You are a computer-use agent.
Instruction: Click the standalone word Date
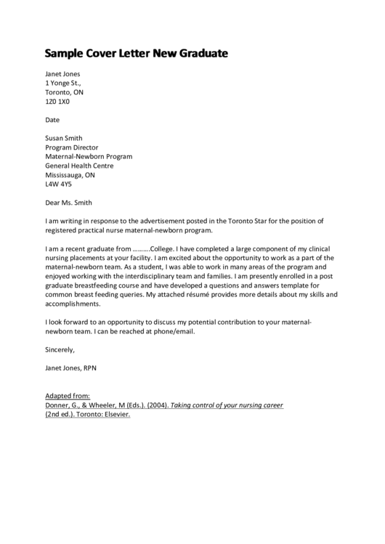click(52, 119)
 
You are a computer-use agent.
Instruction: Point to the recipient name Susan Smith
click(64, 138)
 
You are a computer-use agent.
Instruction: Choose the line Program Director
click(73, 147)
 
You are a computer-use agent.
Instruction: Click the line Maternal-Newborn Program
click(89, 157)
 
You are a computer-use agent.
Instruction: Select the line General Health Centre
click(80, 166)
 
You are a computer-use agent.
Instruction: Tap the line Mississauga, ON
click(70, 175)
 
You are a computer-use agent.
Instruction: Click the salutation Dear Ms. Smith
click(68, 203)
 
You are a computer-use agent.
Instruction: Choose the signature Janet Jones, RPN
click(70, 368)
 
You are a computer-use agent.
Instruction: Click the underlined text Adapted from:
click(68, 396)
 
